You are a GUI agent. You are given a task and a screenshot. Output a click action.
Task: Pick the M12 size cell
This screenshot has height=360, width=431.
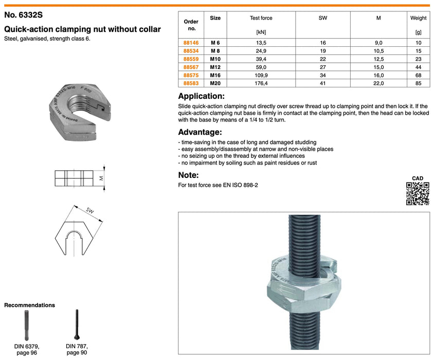click(215, 66)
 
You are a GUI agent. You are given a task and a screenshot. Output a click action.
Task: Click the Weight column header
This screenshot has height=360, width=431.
click(418, 18)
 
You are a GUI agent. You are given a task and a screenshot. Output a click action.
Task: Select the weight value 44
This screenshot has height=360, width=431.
click(418, 66)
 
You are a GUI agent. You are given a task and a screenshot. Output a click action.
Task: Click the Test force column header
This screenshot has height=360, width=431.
click(261, 18)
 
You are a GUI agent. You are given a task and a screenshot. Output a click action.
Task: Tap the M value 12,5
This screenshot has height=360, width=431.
click(379, 59)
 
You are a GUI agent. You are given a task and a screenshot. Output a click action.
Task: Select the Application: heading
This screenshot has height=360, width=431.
click(201, 96)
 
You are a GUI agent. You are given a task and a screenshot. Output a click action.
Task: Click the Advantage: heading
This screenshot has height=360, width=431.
click(200, 132)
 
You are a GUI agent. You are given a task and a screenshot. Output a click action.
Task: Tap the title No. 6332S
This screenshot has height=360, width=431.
click(24, 16)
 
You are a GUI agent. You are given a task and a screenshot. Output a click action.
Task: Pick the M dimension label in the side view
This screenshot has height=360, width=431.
click(101, 178)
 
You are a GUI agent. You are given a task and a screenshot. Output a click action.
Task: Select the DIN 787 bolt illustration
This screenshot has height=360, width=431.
click(77, 324)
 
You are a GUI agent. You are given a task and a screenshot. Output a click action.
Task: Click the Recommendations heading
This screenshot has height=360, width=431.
click(29, 305)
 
